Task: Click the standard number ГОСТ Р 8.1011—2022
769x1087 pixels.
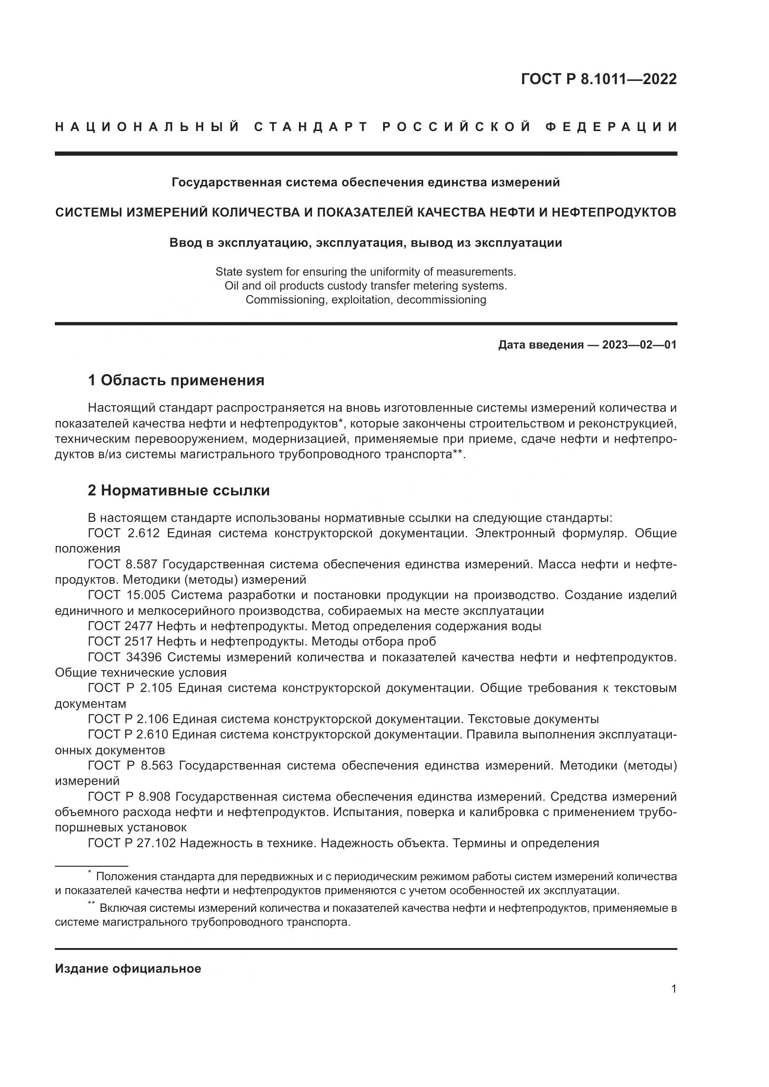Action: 598,79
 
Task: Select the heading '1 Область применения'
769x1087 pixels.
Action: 176,380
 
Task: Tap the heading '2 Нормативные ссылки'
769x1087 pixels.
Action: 179,490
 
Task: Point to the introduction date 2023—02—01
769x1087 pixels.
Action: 639,345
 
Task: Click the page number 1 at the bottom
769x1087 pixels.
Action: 674,989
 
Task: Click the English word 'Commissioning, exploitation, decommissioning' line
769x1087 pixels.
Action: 365,300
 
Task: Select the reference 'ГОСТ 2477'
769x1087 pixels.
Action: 120,626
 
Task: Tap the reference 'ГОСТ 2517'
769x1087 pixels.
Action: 120,641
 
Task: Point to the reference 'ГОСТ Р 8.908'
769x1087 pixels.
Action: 129,797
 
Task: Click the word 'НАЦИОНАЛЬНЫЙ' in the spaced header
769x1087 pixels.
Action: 147,127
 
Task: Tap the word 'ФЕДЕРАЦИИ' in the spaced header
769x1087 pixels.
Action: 611,127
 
